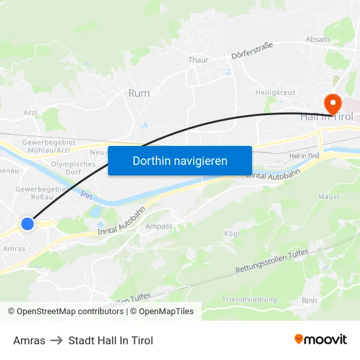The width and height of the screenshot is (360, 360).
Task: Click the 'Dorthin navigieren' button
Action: pos(180,160)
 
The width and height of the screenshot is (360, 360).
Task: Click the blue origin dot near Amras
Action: pos(27,224)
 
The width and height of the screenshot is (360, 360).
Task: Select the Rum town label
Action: pos(139,94)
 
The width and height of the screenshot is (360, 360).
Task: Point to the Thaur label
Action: pos(198,60)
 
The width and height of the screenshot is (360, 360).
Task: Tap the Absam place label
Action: pos(317,40)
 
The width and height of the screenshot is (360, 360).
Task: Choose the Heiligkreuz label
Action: pos(276,93)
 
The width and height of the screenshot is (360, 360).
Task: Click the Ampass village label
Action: pos(158,226)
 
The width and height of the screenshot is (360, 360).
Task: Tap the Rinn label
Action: pos(310,300)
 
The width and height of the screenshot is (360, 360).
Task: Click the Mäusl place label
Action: pos(328,196)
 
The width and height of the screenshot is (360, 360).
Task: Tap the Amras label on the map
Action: pos(14,249)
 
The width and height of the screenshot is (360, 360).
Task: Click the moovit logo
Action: pos(321,340)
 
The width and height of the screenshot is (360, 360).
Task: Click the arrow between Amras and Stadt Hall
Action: pos(57,340)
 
